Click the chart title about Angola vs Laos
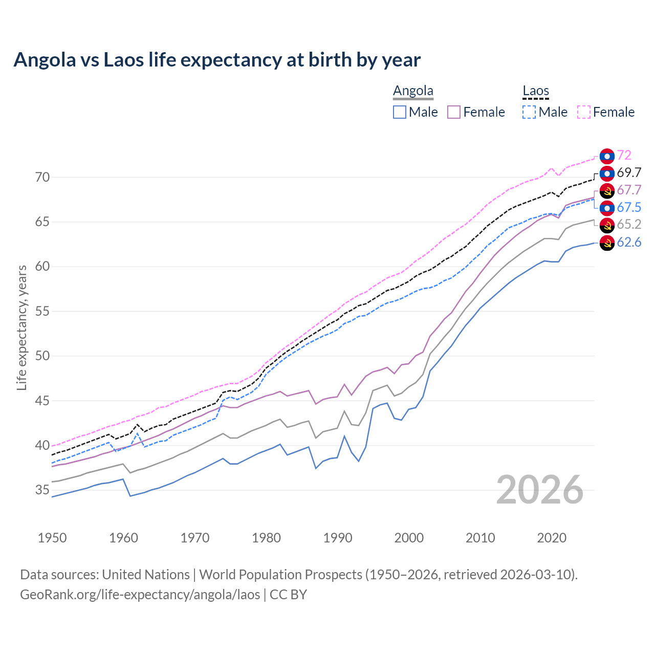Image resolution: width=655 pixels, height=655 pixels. coord(217,60)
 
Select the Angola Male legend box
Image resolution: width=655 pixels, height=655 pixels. coord(400,112)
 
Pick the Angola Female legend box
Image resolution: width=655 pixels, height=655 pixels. coord(454,112)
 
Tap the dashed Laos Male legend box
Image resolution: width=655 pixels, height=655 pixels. coord(529,112)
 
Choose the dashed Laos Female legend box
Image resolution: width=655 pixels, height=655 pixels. coord(584,112)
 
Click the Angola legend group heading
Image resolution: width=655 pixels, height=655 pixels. coord(413,91)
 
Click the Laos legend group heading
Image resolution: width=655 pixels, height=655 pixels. coord(535,91)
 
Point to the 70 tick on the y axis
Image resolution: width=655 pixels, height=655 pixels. coord(42,178)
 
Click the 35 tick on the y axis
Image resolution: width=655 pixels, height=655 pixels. coord(42,490)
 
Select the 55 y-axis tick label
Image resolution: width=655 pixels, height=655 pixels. coord(42,312)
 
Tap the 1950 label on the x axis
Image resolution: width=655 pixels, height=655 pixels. coord(52,538)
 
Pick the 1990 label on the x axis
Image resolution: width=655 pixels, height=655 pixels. coord(338,538)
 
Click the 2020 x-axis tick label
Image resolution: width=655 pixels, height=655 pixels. coord(552,538)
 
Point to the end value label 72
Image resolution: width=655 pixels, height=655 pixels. coord(624,155)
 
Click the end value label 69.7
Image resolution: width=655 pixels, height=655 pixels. coord(629,173)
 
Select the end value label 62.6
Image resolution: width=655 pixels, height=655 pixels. coord(629,242)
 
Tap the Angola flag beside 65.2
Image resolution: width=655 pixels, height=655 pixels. coord(607,225)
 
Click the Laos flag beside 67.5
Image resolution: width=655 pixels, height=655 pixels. coord(607,208)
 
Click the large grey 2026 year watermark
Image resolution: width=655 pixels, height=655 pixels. coord(539,490)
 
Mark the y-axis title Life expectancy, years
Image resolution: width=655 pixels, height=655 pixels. coord(22,327)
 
